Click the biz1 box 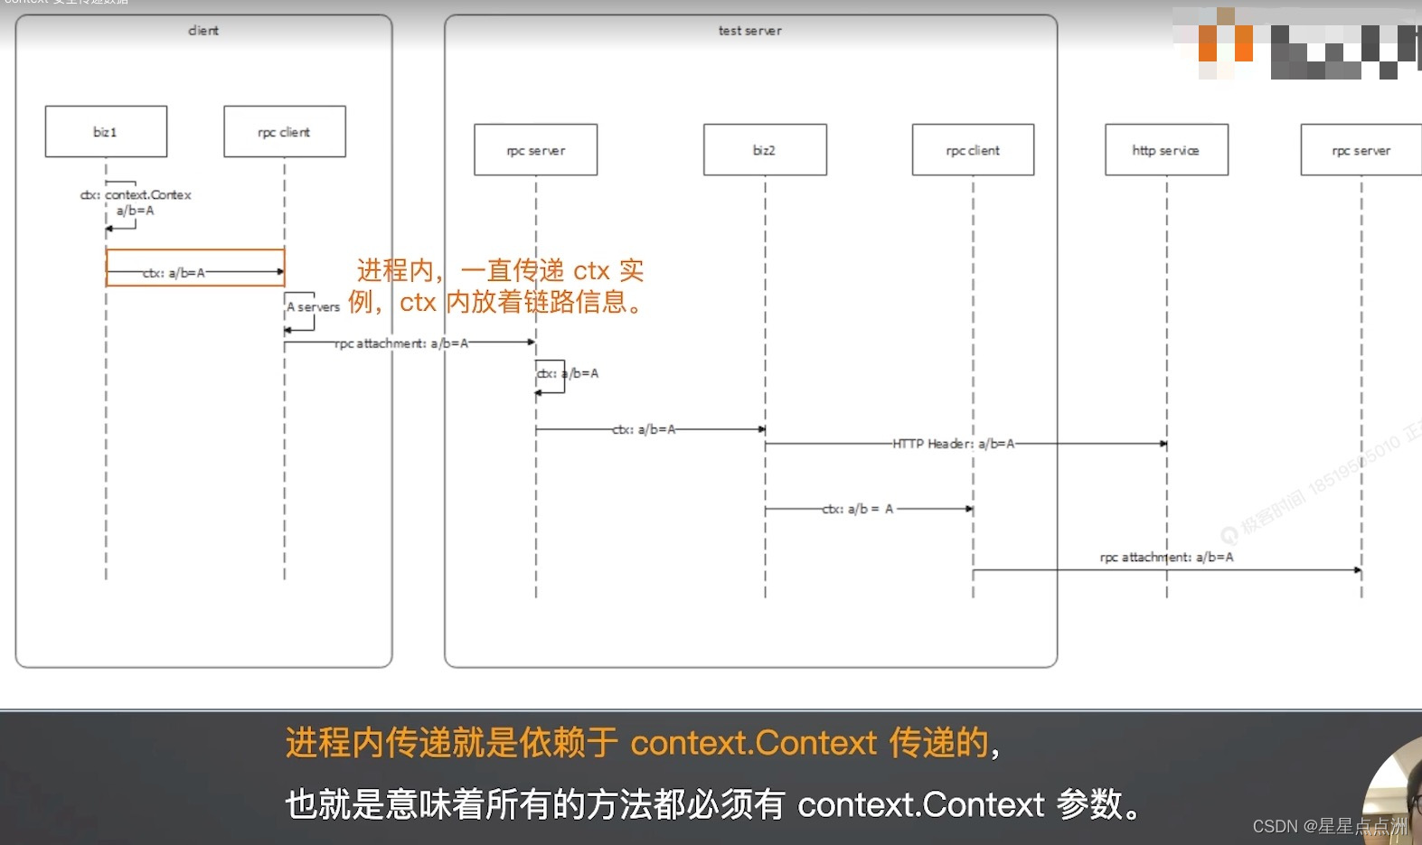(x=106, y=132)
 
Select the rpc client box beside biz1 (x=285, y=132)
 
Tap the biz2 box (x=765, y=150)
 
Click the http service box (x=1166, y=150)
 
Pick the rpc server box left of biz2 (x=535, y=150)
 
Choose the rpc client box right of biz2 (x=973, y=150)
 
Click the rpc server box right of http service (x=1361, y=150)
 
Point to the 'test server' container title (x=750, y=31)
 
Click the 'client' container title (x=203, y=31)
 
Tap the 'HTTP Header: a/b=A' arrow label (x=954, y=444)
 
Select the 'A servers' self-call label (x=314, y=307)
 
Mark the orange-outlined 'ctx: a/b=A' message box (x=195, y=268)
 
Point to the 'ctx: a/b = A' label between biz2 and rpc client (x=858, y=510)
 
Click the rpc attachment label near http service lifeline (x=1166, y=558)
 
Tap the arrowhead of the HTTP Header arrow (x=1164, y=445)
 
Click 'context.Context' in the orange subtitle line (x=753, y=743)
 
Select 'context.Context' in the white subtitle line (x=920, y=804)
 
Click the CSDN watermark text (x=1329, y=826)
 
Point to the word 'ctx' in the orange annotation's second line (x=418, y=302)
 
